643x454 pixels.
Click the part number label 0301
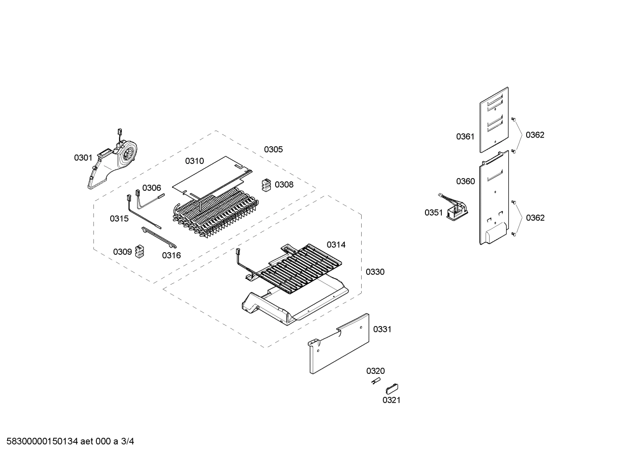point(83,158)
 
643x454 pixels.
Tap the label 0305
point(273,150)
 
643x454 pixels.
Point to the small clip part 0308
point(266,185)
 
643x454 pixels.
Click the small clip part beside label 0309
point(140,251)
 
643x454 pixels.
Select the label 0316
point(171,256)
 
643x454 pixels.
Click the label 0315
point(119,219)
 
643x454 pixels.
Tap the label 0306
point(152,188)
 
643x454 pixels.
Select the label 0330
point(375,272)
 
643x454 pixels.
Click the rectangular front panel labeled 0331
point(339,343)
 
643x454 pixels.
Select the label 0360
point(465,181)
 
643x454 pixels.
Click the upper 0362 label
point(535,135)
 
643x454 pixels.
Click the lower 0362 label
point(535,218)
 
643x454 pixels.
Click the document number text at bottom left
point(67,442)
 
